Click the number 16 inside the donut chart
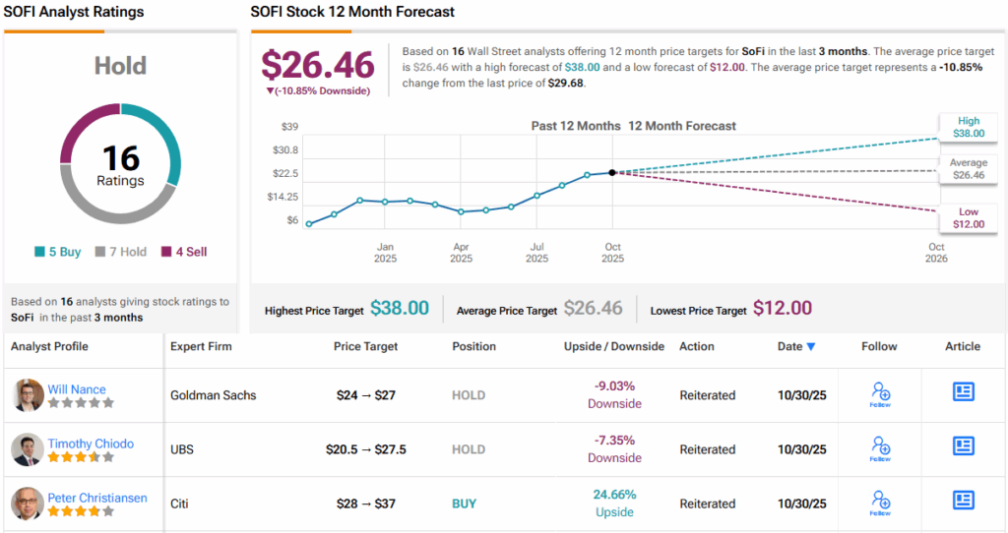(x=120, y=158)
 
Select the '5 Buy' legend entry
(x=58, y=252)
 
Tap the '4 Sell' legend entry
(x=184, y=252)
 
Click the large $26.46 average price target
(x=317, y=65)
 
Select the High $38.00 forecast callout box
(x=967, y=126)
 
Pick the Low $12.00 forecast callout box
(x=969, y=218)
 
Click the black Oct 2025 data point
(x=612, y=172)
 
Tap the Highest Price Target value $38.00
(x=400, y=309)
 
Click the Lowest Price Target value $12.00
(x=783, y=309)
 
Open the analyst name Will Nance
(x=77, y=389)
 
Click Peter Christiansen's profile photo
(x=28, y=503)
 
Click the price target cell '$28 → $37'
(x=366, y=503)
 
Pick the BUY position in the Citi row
(x=464, y=503)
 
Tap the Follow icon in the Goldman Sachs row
(x=880, y=395)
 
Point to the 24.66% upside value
(x=614, y=495)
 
